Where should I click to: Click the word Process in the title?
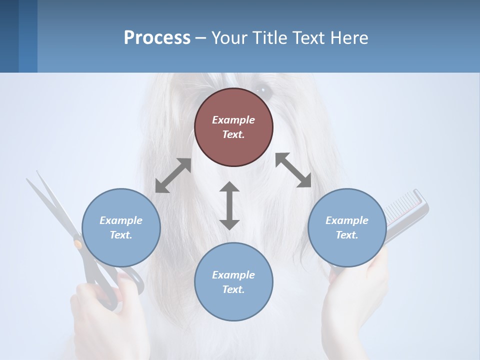(157, 38)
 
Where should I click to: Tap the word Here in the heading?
(349, 38)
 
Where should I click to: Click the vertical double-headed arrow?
(229, 205)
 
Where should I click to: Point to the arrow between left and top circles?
(173, 175)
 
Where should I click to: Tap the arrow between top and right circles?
(293, 170)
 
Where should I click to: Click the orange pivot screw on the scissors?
(78, 244)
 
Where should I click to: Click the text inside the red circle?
(233, 127)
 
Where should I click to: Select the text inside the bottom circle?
(233, 282)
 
